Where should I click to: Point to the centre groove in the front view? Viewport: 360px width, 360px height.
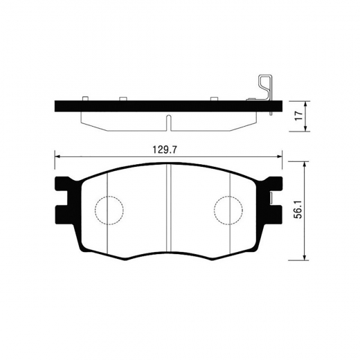coord(169,208)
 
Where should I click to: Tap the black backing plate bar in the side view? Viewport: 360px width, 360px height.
coord(138,107)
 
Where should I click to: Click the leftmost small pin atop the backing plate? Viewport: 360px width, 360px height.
coord(84,99)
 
